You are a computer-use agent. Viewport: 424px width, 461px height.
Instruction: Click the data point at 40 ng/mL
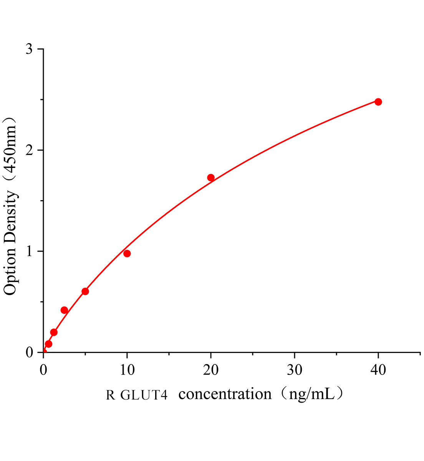pos(378,102)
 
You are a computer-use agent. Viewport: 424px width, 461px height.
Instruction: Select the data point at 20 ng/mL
pos(211,177)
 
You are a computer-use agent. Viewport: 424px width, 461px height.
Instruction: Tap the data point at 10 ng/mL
pos(127,254)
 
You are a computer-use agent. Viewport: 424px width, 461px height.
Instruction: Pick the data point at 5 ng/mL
pos(85,292)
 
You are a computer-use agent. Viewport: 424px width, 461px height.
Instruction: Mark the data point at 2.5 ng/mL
pos(64,310)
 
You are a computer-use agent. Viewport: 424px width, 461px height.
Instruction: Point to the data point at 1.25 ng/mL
pos(54,332)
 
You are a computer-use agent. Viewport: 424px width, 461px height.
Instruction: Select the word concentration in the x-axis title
pos(225,395)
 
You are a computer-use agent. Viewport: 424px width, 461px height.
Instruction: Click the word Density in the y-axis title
pos(10,213)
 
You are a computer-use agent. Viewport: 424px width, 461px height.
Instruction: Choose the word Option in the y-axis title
pos(10,269)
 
